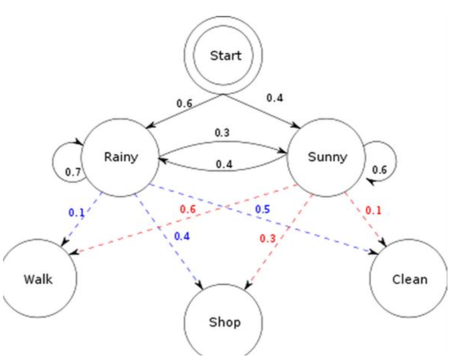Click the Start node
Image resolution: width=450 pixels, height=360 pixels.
tap(225, 56)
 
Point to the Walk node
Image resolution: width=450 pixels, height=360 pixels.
tap(39, 279)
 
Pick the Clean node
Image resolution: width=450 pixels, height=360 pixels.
tap(409, 279)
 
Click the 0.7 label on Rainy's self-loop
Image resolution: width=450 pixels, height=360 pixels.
tap(73, 172)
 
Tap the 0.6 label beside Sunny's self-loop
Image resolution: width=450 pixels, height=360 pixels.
tap(380, 170)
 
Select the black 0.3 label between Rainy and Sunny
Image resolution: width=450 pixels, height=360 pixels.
tap(223, 133)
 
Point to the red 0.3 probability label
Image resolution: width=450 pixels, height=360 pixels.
tap(268, 238)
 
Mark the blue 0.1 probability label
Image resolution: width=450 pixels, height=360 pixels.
tap(76, 212)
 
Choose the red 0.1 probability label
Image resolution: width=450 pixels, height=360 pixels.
tap(373, 210)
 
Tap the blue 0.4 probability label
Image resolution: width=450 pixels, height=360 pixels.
tap(182, 236)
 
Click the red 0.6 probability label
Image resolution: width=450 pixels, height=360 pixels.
tap(188, 209)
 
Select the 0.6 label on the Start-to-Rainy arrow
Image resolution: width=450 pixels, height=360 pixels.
tap(185, 102)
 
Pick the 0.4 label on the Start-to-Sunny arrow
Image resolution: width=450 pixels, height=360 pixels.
tap(275, 97)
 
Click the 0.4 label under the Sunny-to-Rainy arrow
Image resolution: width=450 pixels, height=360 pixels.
tap(223, 163)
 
